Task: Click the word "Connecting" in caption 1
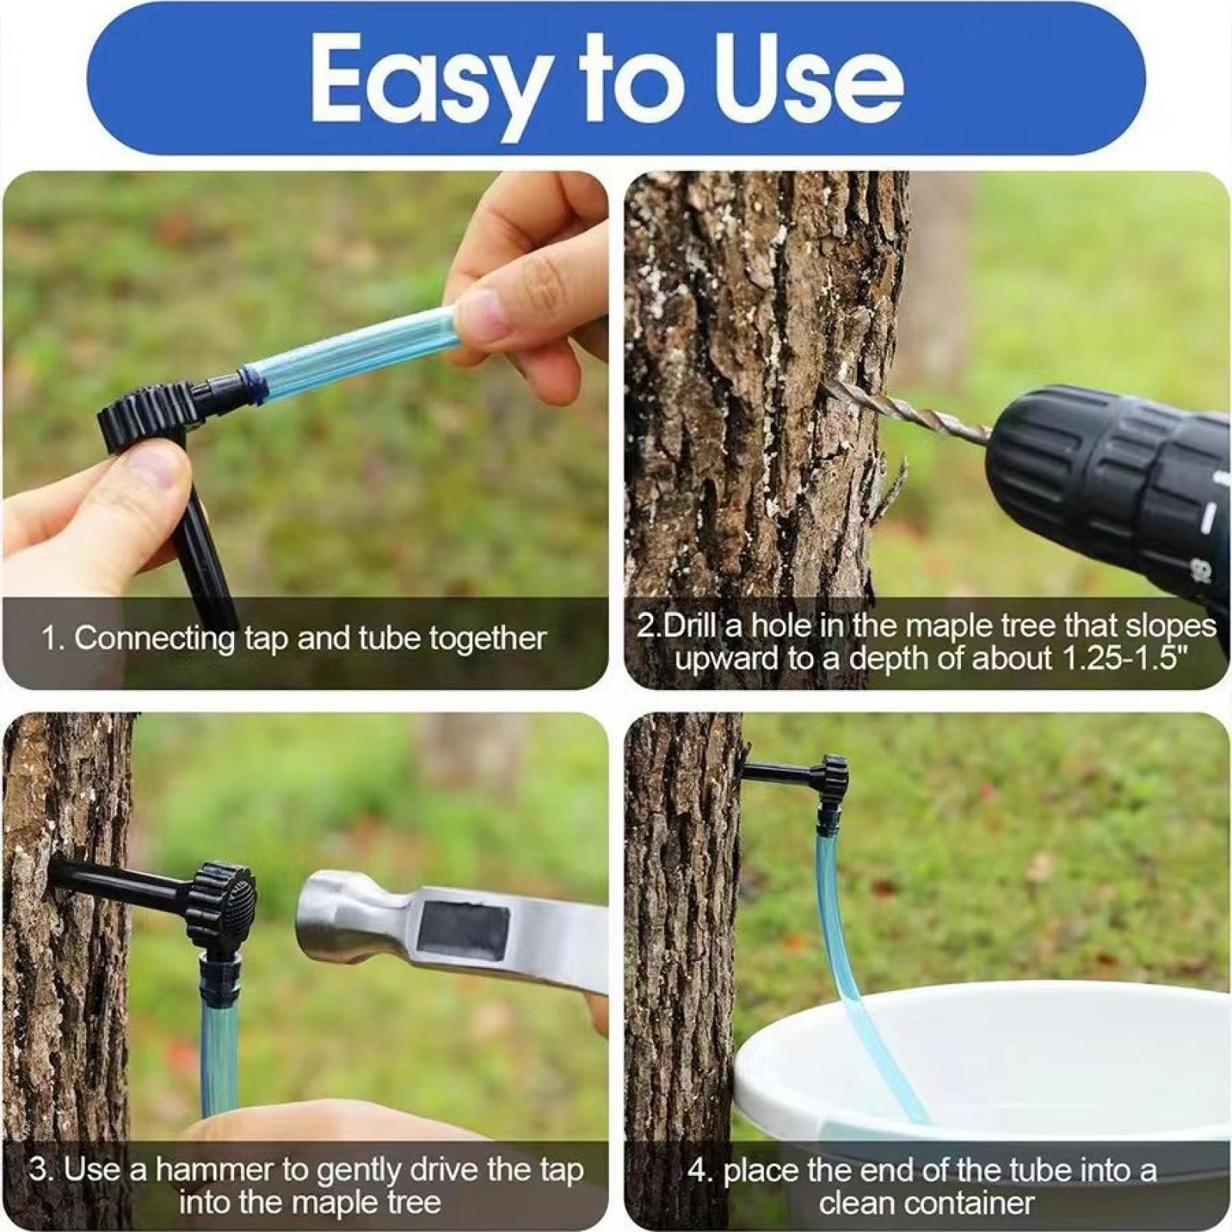[155, 639]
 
